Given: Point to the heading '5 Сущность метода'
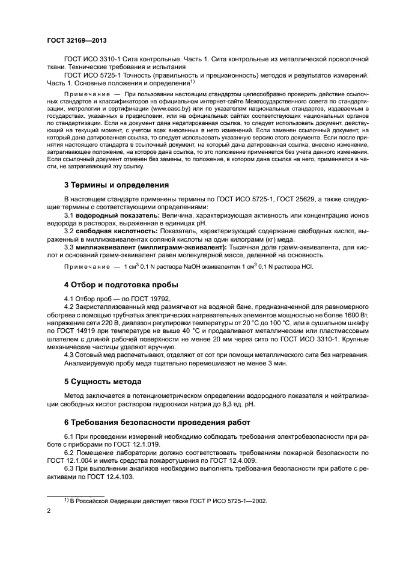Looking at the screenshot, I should click(x=103, y=381).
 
